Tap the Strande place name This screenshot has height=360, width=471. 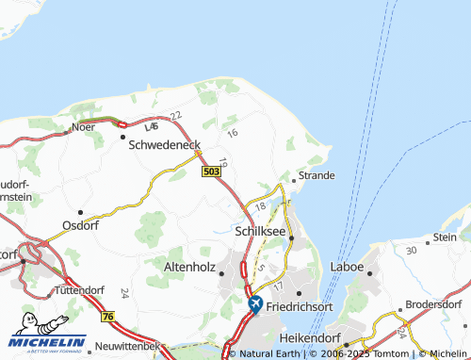pos(317,175)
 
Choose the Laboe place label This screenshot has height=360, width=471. pos(347,268)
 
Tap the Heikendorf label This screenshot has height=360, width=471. pos(309,336)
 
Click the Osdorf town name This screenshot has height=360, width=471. pos(79,226)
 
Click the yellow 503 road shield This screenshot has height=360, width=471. pos(211,171)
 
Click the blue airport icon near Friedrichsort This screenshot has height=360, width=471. pos(255,304)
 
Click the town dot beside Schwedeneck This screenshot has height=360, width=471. pos(123,136)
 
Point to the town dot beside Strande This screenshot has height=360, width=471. pos(294,179)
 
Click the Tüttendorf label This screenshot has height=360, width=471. pos(78,289)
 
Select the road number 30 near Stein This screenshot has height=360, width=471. pos(410,250)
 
